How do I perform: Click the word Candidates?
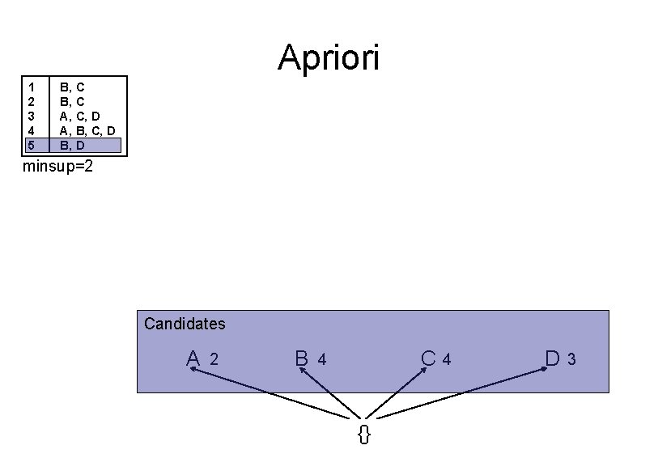point(185,324)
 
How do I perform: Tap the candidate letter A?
point(193,358)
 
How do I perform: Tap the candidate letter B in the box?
point(301,358)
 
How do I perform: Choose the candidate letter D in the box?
point(554,358)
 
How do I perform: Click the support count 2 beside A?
point(214,359)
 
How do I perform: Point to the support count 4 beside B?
point(322,359)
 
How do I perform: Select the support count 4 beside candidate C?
point(446,359)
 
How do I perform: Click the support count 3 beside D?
point(571,359)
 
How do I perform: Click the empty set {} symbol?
point(364,435)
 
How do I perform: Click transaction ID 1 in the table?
point(31,86)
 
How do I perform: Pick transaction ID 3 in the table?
point(31,116)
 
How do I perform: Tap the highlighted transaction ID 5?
point(31,146)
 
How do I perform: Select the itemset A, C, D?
point(80,116)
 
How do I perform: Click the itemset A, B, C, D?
point(87,130)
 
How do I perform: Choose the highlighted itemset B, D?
point(73,146)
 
